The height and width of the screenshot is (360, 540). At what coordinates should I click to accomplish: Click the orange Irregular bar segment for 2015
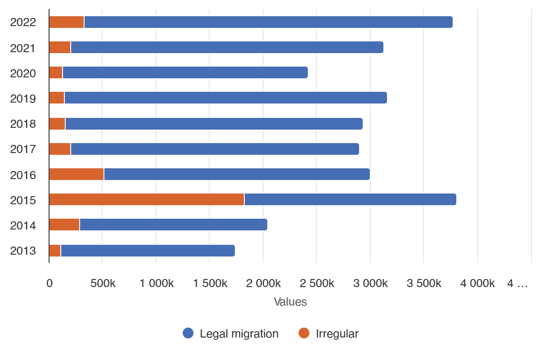click(146, 199)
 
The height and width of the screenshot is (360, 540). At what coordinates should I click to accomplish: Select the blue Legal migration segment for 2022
click(268, 22)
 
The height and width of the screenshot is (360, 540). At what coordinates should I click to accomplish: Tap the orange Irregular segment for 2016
click(76, 174)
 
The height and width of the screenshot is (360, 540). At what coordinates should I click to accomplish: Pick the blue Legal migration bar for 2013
click(148, 251)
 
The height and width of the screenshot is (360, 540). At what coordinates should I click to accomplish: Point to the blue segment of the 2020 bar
click(185, 72)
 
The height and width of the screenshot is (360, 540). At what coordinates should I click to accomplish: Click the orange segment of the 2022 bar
click(66, 22)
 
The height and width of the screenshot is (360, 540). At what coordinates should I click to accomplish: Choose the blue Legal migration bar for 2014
click(173, 225)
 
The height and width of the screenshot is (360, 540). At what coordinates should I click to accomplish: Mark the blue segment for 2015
click(350, 199)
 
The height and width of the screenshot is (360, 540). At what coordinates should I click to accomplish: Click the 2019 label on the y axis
click(23, 98)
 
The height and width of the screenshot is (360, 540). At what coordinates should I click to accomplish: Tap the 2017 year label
click(23, 149)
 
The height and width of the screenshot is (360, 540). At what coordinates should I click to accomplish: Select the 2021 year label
click(23, 48)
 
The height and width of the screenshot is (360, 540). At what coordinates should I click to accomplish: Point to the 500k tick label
click(103, 283)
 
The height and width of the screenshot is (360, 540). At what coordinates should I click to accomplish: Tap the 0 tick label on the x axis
click(49, 283)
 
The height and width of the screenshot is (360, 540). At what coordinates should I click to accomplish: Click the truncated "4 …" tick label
click(517, 283)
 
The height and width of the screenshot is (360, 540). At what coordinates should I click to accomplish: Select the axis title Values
click(290, 302)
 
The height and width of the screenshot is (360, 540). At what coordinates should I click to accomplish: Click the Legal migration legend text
click(239, 334)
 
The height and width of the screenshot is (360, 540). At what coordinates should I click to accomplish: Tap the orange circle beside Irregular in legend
click(304, 333)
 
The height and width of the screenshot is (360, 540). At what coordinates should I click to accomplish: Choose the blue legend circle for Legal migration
click(188, 333)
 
